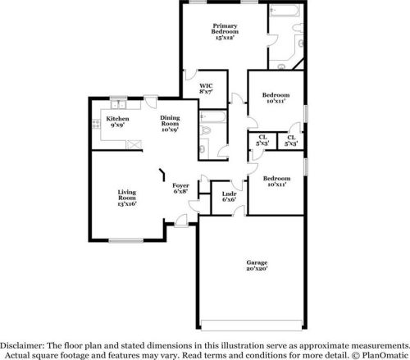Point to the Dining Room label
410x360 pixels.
[170, 120]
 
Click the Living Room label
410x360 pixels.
[126, 194]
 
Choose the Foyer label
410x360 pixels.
[180, 186]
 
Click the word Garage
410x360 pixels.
[257, 262]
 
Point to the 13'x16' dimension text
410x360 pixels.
[126, 203]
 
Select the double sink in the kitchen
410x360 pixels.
[118, 104]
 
